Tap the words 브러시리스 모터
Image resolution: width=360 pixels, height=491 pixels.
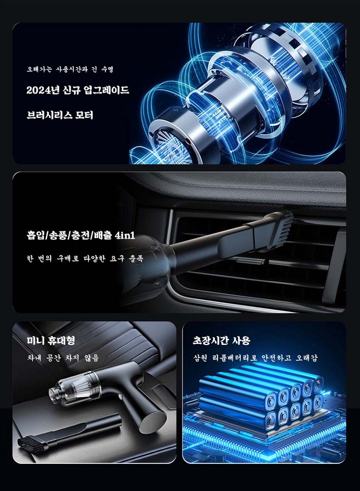[x=60, y=115]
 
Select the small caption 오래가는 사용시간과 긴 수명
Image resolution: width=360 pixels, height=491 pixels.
[x=69, y=69]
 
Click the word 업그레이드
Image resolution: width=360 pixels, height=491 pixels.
[x=106, y=90]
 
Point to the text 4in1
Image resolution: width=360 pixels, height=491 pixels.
[x=125, y=235]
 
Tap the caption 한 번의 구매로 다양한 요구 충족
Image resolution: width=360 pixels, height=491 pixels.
[x=85, y=258]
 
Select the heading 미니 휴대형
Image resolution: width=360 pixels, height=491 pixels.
[x=51, y=340]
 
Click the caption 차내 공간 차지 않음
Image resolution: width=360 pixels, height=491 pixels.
[x=63, y=357]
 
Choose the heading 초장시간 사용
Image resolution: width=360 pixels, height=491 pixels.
[x=221, y=340]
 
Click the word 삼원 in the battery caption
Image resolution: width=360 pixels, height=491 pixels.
[x=200, y=357]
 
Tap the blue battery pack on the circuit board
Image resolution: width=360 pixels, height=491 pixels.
[x=262, y=398]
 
